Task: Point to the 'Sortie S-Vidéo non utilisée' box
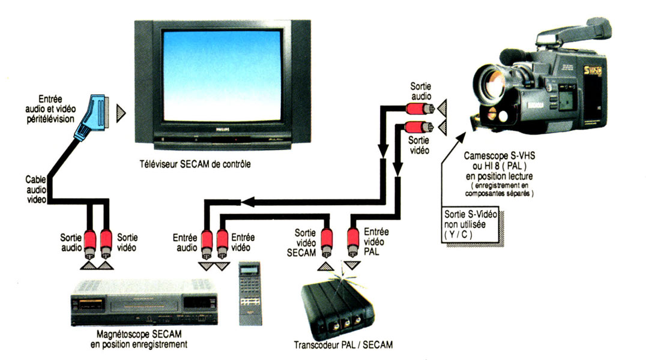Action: click(x=472, y=226)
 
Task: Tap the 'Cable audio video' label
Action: click(x=36, y=189)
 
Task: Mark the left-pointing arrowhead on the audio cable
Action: click(x=246, y=202)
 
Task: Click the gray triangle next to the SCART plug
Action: click(x=122, y=112)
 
